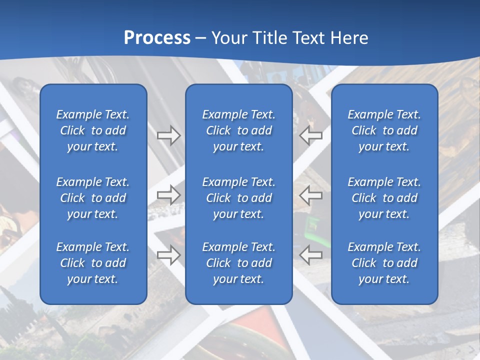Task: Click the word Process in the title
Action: point(157,37)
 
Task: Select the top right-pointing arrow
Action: point(168,135)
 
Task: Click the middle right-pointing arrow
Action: point(168,195)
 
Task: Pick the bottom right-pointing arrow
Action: point(168,255)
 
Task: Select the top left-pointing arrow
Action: point(311,135)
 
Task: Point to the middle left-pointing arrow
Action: point(311,195)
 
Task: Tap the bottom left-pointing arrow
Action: point(311,255)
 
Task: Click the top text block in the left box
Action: point(93,130)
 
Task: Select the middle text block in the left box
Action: point(93,198)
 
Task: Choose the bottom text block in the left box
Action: point(93,263)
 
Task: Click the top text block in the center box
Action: point(239,130)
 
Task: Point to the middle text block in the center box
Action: point(239,198)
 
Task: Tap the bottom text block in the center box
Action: point(239,263)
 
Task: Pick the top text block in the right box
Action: point(384,130)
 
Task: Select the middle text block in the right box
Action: point(384,198)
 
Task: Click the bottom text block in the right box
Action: point(384,263)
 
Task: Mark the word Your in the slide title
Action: point(229,37)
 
